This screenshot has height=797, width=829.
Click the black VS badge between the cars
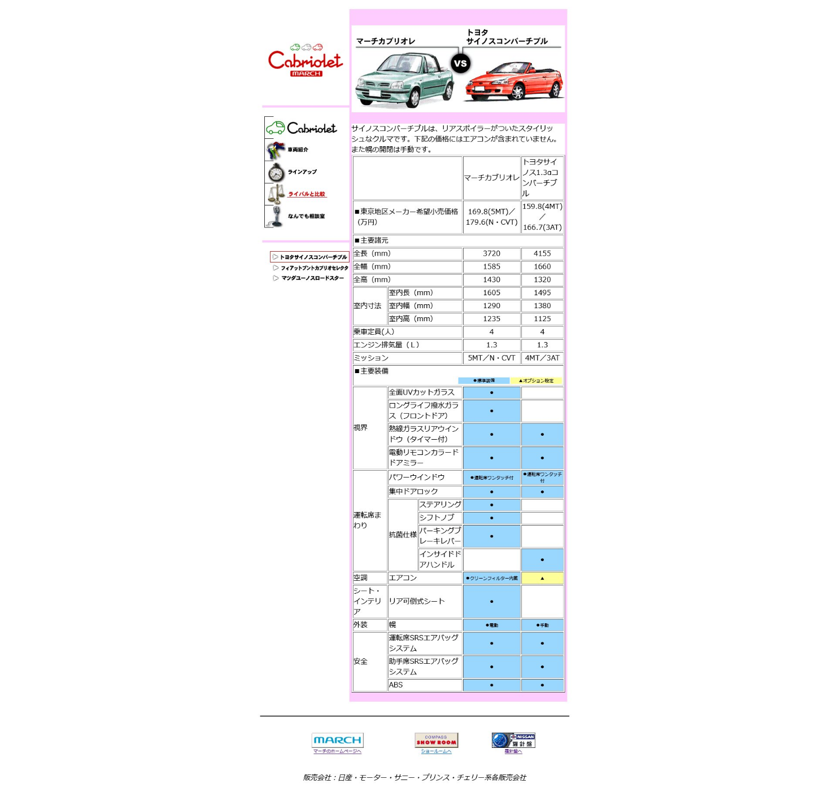[x=460, y=63]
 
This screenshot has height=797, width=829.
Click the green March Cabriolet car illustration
[x=404, y=80]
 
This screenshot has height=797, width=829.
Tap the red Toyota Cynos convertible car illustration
[x=514, y=82]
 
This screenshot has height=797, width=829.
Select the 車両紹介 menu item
[x=298, y=150]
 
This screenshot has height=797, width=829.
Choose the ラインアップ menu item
[x=302, y=172]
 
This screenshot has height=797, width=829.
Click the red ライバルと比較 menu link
[x=307, y=194]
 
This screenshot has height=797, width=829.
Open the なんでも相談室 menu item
[x=306, y=216]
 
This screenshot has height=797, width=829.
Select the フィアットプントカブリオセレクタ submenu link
[x=314, y=268]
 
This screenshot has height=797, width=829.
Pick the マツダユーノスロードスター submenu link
[x=312, y=278]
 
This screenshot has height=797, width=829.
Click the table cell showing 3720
[x=491, y=253]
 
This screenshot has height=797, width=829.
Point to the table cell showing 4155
[x=542, y=253]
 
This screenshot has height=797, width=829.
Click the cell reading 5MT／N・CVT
[x=491, y=358]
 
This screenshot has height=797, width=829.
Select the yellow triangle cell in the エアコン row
[x=542, y=578]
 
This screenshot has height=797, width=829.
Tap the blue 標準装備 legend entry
[x=484, y=380]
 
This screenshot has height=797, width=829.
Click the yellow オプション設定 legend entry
[x=536, y=380]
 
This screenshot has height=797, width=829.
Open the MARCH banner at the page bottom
[x=337, y=740]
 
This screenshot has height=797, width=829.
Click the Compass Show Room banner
[x=436, y=740]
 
